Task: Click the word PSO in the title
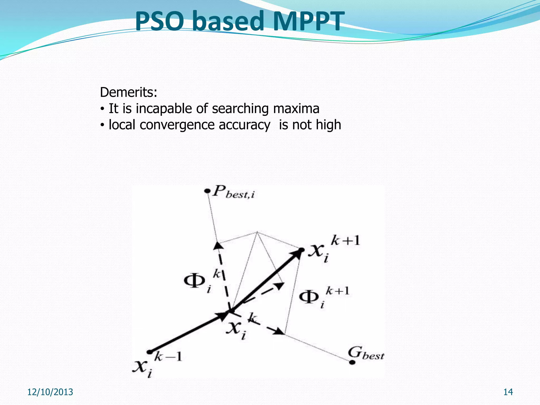(x=160, y=21)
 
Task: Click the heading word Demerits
(x=128, y=93)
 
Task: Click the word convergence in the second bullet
(x=177, y=125)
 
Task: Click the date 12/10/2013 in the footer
(x=50, y=392)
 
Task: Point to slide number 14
(x=508, y=392)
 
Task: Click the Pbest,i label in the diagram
(x=234, y=192)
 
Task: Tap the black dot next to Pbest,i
(x=208, y=191)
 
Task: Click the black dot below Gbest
(x=352, y=362)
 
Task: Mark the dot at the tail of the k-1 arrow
(x=150, y=352)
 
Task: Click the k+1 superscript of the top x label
(x=345, y=240)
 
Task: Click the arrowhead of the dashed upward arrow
(x=218, y=245)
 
